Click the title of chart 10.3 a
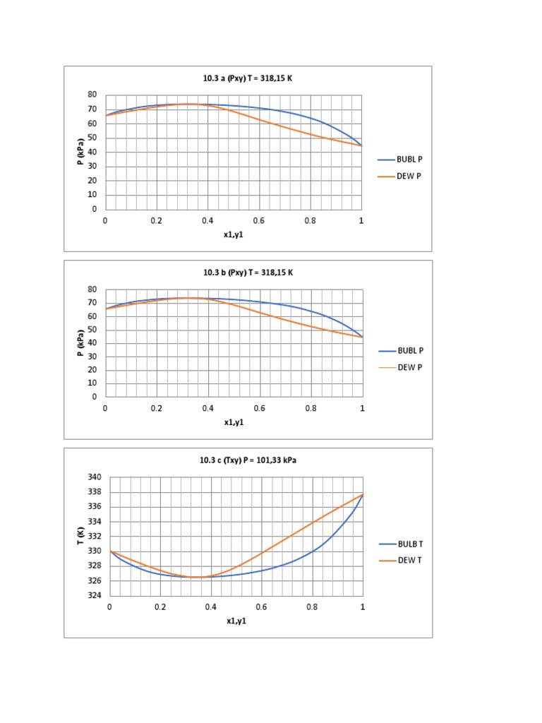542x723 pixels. [246, 78]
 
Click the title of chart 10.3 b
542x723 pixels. [246, 273]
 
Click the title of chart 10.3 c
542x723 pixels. [246, 461]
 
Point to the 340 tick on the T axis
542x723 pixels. [96, 477]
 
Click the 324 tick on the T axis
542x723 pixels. [96, 595]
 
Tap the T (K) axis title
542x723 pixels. [80, 536]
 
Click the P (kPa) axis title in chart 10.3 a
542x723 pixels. [80, 152]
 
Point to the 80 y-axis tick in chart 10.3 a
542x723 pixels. [92, 95]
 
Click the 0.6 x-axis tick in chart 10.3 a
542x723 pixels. [259, 220]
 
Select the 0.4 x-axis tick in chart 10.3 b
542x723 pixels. [207, 408]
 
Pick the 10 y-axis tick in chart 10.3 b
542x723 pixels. [92, 383]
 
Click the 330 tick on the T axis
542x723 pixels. [96, 551]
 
